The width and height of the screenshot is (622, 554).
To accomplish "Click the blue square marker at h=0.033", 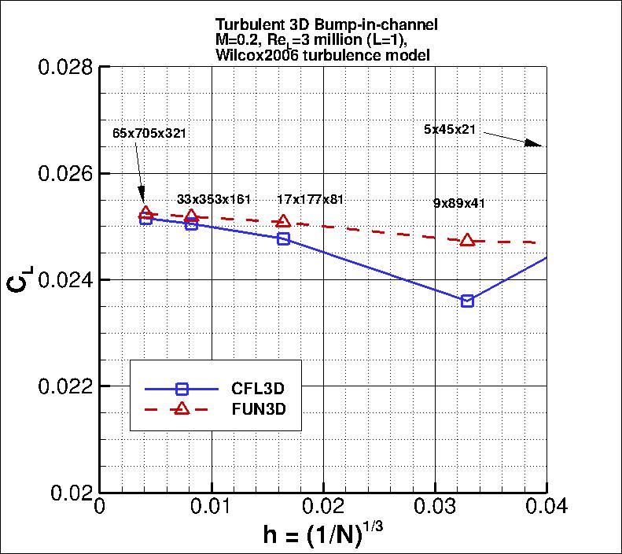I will (x=468, y=301).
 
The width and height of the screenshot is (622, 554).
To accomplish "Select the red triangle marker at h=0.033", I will (x=468, y=240).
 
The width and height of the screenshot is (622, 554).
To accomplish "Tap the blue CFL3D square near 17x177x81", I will (x=284, y=238).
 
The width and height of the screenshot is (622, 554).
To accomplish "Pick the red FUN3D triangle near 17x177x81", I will (x=284, y=222).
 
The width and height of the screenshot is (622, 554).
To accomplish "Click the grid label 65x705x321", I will (x=149, y=133).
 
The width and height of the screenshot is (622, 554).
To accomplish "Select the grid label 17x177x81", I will (x=311, y=199).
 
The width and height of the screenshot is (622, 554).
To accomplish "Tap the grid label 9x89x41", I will (x=459, y=203).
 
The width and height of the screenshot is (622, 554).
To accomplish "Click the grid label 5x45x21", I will (x=449, y=130).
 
